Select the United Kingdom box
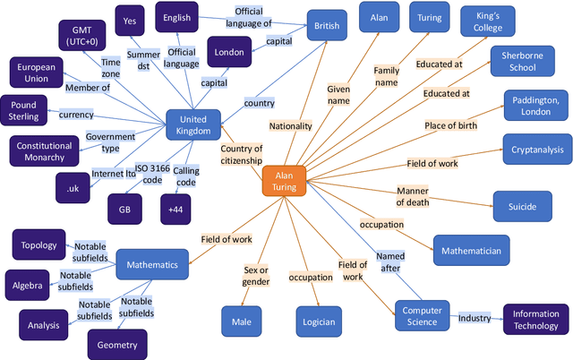(192, 125)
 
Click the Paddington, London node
(535, 107)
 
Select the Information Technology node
(535, 320)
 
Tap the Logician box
(319, 321)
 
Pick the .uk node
(73, 189)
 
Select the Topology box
(38, 244)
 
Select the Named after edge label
(390, 261)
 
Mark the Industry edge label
(475, 318)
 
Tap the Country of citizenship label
(242, 154)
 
